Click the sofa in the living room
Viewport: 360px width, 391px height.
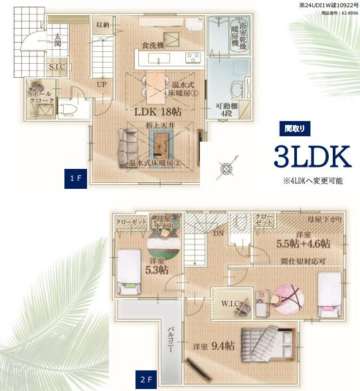pyautogui.click(x=131, y=148)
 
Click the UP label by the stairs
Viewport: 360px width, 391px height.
pyautogui.click(x=102, y=85)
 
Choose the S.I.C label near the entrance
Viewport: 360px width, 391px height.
pyautogui.click(x=56, y=67)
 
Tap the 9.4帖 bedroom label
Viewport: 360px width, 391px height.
pyautogui.click(x=214, y=346)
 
